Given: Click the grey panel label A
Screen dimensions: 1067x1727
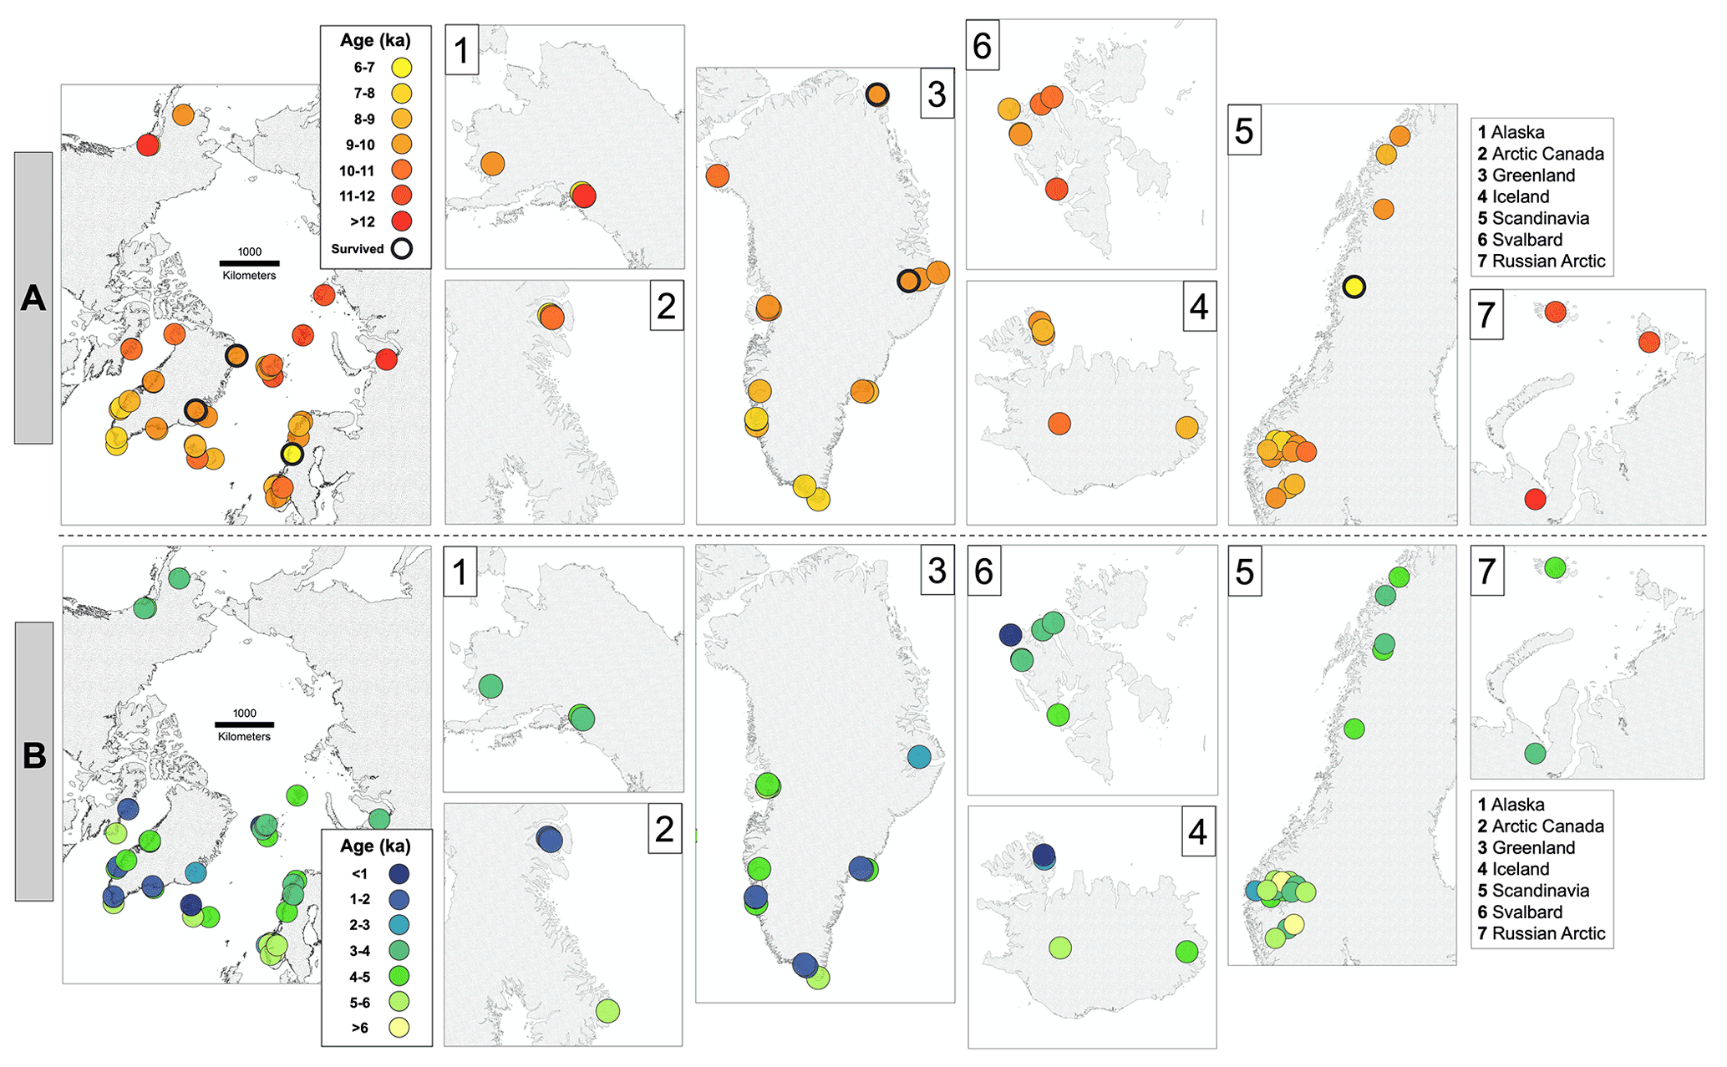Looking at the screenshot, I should point(33,297).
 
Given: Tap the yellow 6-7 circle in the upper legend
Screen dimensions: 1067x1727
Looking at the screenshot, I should point(402,68).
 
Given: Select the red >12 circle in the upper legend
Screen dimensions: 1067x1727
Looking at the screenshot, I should point(402,221).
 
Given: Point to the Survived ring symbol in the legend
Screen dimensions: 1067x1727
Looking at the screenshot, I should point(402,248).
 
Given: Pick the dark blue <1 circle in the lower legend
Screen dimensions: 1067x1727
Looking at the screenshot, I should point(399,874).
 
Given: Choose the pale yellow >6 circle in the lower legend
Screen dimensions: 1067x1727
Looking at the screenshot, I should point(399,1028).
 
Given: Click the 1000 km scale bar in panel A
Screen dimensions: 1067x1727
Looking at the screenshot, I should point(249,263).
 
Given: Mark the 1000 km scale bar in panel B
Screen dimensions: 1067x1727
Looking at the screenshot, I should point(244,724).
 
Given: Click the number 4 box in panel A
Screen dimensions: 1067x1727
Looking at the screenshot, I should point(1199,307).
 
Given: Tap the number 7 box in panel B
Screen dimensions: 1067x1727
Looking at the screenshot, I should point(1487,572).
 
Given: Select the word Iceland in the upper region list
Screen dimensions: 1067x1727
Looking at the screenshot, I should point(1521,197).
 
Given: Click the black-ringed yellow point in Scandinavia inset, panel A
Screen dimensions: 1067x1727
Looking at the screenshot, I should point(1354,287).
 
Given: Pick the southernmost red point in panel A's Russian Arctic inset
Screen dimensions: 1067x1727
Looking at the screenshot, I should point(1535,499).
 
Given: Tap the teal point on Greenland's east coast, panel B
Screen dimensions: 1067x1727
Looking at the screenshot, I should point(919,757).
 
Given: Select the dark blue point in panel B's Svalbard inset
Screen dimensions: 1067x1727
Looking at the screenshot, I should point(1011,635).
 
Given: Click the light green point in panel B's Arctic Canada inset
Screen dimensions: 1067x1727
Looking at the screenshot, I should point(607,1010).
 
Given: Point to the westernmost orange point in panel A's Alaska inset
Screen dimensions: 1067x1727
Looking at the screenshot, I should point(493,164).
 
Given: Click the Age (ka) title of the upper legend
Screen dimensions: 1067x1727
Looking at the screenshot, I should point(375,40).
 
